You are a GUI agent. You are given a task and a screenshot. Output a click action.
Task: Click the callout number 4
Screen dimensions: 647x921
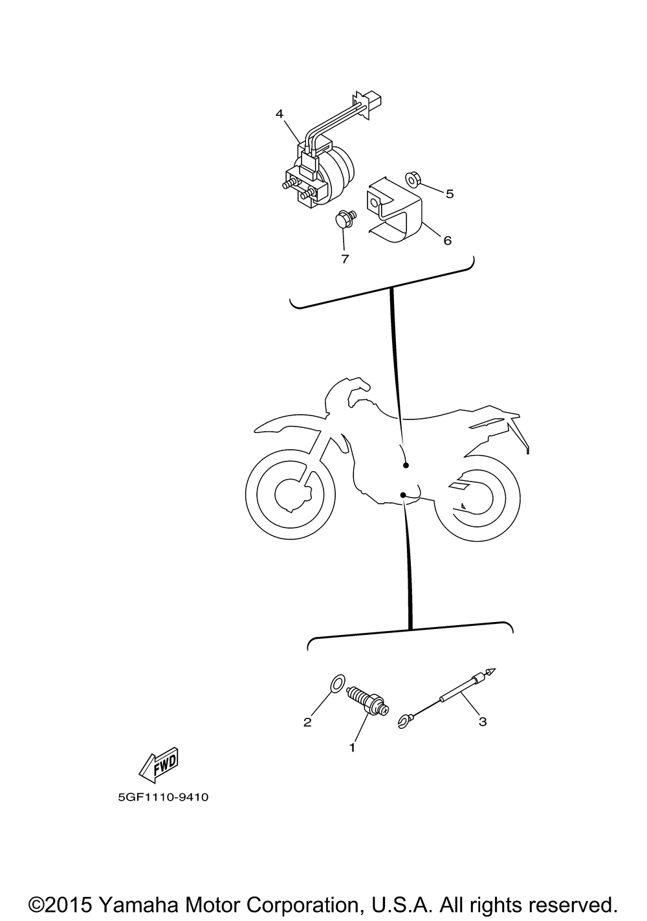tap(280, 114)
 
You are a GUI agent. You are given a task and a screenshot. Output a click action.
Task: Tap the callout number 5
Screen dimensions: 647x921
tap(450, 194)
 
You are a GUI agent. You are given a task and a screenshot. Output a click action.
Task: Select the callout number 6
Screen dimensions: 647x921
tap(447, 240)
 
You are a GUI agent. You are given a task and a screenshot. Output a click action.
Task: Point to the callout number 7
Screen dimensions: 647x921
tap(345, 259)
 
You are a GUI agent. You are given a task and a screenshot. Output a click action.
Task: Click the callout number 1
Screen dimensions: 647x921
tap(352, 748)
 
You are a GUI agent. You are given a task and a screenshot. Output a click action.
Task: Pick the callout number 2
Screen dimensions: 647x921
tap(307, 722)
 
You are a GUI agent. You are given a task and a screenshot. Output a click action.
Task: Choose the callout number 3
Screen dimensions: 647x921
tap(483, 721)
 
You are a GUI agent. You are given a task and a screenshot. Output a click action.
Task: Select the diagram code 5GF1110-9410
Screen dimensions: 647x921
tap(163, 797)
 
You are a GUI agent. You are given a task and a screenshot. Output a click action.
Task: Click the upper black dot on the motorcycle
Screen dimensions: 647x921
tap(406, 465)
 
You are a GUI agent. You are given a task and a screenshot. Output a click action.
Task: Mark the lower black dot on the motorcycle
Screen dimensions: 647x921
tap(403, 494)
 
